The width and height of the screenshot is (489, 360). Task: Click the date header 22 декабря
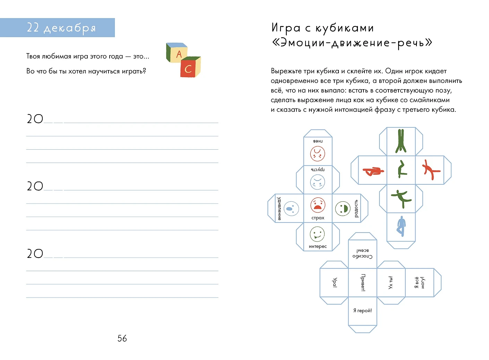tap(61, 28)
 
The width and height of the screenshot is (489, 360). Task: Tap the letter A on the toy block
tap(179, 54)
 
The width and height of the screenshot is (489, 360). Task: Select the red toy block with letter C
tap(190, 67)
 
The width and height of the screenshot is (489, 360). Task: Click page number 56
tap(122, 338)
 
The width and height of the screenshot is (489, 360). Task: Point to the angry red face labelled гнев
tap(318, 154)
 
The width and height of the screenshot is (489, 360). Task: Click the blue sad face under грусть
tap(318, 182)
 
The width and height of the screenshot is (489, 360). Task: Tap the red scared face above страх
tap(318, 205)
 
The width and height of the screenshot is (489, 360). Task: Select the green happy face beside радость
tap(343, 209)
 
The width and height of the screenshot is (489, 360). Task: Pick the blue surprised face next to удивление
tap(291, 209)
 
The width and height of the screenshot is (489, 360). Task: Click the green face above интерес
tap(317, 234)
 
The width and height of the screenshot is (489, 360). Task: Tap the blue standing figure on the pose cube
tap(401, 226)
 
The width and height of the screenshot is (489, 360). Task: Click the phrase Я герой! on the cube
tap(362, 311)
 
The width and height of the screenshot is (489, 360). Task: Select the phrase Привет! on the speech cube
tap(363, 282)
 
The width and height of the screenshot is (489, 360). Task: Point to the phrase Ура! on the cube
tap(335, 282)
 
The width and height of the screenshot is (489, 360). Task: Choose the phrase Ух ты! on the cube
tap(391, 282)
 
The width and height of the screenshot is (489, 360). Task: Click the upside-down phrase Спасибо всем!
tap(362, 253)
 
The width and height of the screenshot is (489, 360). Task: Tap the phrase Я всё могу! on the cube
tap(419, 283)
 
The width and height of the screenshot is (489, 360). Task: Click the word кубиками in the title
tap(345, 28)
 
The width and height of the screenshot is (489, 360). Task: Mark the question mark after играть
tap(144, 71)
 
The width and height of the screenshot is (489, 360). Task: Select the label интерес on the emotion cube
tap(318, 246)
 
